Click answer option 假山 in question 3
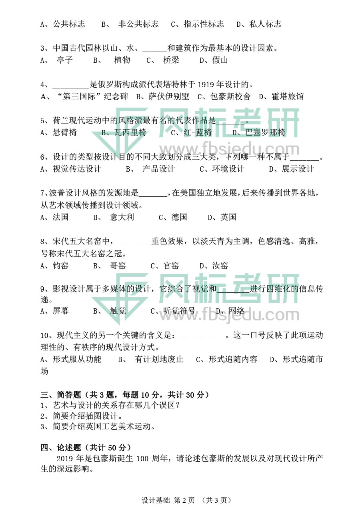click(219, 60)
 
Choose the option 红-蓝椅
click(198, 132)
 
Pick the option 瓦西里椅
click(130, 132)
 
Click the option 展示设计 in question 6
click(298, 169)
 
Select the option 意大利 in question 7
click(122, 217)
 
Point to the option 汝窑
click(220, 266)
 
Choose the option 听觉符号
click(179, 311)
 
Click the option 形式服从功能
click(77, 359)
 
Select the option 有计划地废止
click(159, 359)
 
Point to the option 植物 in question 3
click(122, 60)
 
